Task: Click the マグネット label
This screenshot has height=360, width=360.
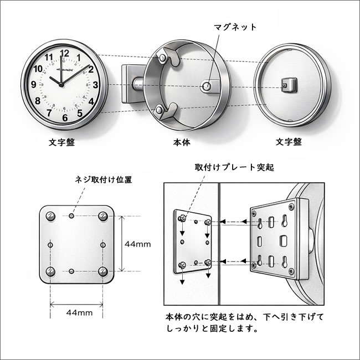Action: click(235, 26)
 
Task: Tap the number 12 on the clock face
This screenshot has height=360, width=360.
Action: click(64, 54)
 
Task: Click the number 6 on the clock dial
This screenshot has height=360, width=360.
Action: click(65, 117)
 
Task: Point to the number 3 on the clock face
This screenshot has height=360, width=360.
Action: click(96, 85)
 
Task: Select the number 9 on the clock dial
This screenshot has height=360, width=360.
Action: click(34, 85)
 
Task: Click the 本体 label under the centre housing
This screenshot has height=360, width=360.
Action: click(181, 142)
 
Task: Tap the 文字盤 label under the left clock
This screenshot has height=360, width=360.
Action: click(60, 142)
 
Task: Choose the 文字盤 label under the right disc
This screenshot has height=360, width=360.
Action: click(289, 142)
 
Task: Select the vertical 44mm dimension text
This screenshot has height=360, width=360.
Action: click(138, 244)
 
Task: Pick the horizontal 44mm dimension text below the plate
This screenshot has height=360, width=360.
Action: click(79, 312)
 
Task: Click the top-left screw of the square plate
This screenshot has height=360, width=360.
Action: click(50, 215)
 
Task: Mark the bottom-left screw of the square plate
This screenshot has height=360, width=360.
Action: click(50, 271)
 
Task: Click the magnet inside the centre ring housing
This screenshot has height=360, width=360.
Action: click(207, 86)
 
